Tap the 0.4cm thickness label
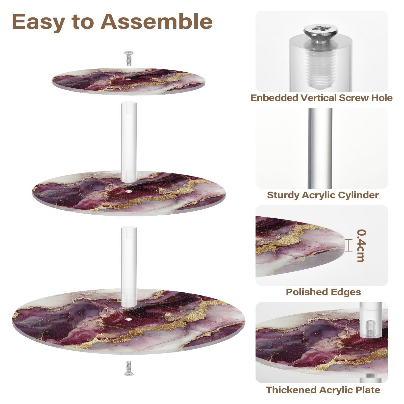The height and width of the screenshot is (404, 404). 362,245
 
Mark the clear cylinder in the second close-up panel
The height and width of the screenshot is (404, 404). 320,148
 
